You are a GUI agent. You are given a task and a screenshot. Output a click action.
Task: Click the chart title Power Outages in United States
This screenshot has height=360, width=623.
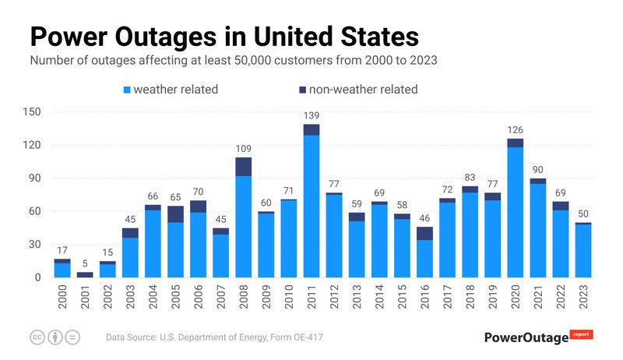coord(224,37)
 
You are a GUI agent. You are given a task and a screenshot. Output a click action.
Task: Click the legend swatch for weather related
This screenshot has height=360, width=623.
coord(127,90)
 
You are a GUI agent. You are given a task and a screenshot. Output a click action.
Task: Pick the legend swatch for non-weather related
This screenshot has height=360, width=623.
coord(301,90)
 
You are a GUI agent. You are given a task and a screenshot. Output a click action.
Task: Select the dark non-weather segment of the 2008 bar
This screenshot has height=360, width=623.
coord(244,167)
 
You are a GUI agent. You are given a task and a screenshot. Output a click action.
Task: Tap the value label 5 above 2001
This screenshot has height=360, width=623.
coord(85,263)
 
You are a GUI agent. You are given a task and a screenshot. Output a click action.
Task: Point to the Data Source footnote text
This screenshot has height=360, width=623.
coord(214,337)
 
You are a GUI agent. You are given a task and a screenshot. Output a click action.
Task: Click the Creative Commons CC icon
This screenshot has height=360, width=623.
coord(37,337)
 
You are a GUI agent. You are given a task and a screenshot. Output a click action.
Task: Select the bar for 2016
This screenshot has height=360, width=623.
coord(424,257)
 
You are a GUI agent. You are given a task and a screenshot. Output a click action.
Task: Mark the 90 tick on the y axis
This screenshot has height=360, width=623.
coord(34,178)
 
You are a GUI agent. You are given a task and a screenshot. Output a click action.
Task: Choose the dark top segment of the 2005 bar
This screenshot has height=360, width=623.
coord(175,214)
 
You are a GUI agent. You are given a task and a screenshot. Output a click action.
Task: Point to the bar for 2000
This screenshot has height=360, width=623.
coord(62,270)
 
